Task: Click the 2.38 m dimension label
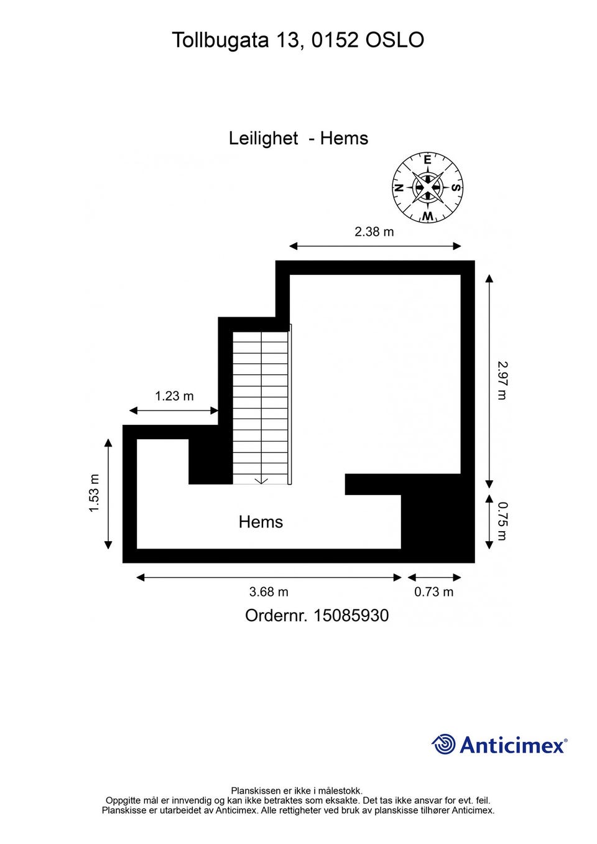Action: pyautogui.click(x=374, y=231)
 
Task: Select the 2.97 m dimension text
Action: pyautogui.click(x=502, y=381)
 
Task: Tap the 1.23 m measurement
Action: pyautogui.click(x=174, y=396)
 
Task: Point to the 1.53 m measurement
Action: pyautogui.click(x=94, y=493)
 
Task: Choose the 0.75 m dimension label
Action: pyautogui.click(x=502, y=521)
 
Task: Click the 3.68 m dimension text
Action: pyautogui.click(x=269, y=592)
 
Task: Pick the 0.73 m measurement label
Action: pyautogui.click(x=433, y=592)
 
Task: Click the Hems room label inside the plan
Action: pyautogui.click(x=261, y=522)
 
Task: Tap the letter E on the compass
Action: pyautogui.click(x=427, y=160)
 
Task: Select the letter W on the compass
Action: pyautogui.click(x=427, y=216)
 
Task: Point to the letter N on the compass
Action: pyautogui.click(x=399, y=188)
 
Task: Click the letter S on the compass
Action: pyautogui.click(x=456, y=188)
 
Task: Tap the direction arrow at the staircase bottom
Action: pyautogui.click(x=261, y=481)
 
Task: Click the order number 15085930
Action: pyautogui.click(x=351, y=616)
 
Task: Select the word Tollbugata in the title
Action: pyautogui.click(x=221, y=40)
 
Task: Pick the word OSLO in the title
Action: pyautogui.click(x=395, y=40)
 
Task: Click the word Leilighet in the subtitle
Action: pyautogui.click(x=264, y=139)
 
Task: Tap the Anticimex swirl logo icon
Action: pyautogui.click(x=443, y=744)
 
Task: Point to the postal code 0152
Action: pyautogui.click(x=335, y=40)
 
